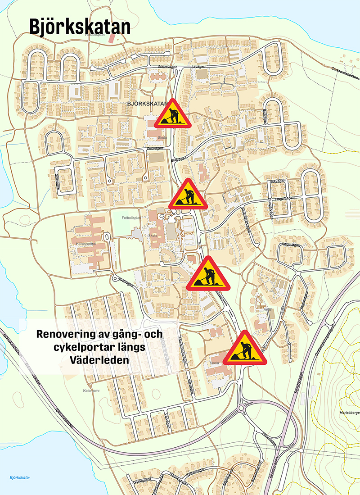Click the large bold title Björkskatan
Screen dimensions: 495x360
tap(80, 27)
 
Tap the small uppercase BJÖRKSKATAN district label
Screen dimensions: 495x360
tap(148, 104)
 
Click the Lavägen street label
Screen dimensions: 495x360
tap(198, 67)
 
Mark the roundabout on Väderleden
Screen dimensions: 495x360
tap(243, 408)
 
